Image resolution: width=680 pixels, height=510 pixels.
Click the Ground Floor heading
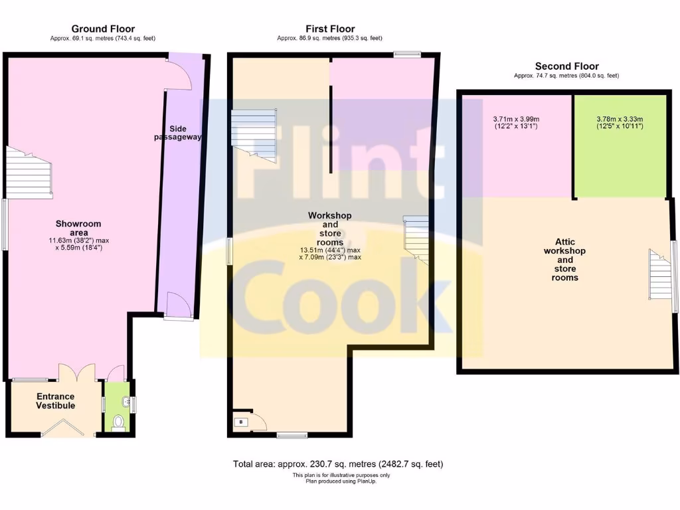coord(103,29)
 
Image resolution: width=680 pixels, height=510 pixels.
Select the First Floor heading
coord(329,29)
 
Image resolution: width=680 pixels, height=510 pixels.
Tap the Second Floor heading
coord(566,66)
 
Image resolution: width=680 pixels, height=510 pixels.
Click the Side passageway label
coord(173,133)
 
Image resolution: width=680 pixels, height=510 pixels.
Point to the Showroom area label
coord(78,228)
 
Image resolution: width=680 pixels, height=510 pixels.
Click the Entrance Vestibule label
coord(55,400)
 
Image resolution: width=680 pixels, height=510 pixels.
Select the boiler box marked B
coord(241,422)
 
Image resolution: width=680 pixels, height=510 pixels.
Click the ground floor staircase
coord(29,172)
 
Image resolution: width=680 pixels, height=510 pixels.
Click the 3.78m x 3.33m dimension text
coord(620,123)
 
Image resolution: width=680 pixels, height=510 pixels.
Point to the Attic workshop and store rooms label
coord(564,260)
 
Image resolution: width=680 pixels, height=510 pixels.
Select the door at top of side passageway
coord(179,72)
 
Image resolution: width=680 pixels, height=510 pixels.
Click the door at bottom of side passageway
coord(179,305)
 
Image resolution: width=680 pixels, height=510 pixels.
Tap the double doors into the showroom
coord(78,372)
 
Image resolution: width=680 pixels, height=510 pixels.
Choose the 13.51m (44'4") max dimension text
coord(330,250)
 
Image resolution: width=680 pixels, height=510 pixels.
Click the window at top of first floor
coord(406,54)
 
